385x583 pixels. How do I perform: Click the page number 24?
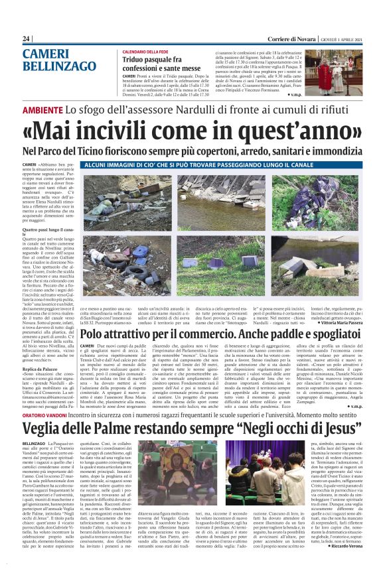point(27,39)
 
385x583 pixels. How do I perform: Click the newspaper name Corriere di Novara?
point(273,39)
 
